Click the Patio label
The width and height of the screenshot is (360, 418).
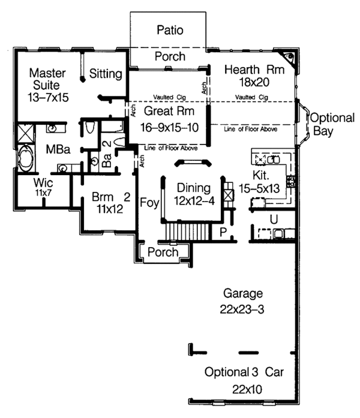tap(170, 29)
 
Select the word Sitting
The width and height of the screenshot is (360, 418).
tap(106, 74)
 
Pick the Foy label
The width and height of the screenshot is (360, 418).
tap(149, 203)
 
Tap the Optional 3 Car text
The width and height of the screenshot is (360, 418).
tap(242, 372)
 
